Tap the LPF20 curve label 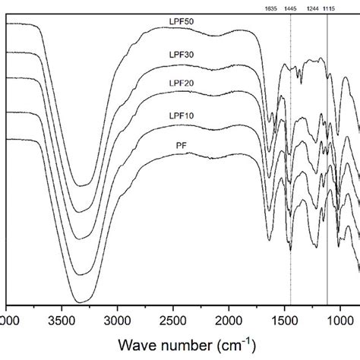click(183, 83)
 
